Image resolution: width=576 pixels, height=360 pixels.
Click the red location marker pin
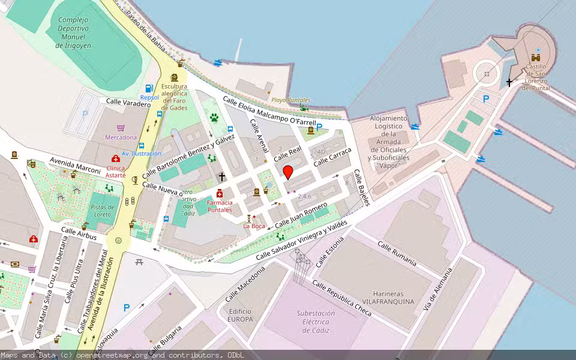click(x=288, y=172)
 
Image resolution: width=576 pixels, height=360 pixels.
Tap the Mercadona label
click(x=121, y=137)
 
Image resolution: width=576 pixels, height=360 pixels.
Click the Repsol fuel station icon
click(x=149, y=89)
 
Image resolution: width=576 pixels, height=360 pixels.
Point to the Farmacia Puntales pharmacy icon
click(x=220, y=193)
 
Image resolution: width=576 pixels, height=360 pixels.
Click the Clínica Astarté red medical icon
click(x=116, y=159)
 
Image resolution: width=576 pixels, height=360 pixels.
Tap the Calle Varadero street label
click(x=128, y=103)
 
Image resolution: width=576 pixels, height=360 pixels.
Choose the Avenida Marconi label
click(x=75, y=166)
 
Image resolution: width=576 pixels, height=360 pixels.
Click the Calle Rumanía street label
click(x=397, y=253)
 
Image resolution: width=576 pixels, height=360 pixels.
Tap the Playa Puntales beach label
click(x=291, y=100)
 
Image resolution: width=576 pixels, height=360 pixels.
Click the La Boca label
click(x=254, y=226)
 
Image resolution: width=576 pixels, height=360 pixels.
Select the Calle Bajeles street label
click(x=361, y=187)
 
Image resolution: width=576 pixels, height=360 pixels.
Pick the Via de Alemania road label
click(x=437, y=290)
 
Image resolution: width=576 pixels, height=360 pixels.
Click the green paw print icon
click(x=214, y=118)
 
